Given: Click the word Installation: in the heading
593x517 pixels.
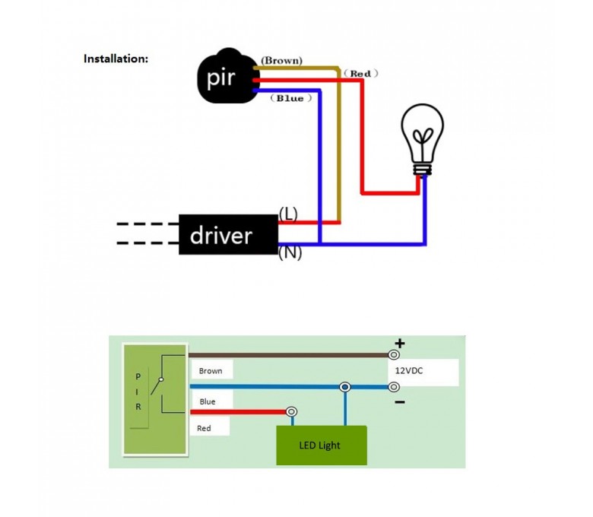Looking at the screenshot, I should pyautogui.click(x=116, y=59).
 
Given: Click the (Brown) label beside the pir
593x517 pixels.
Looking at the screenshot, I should pyautogui.click(x=281, y=59).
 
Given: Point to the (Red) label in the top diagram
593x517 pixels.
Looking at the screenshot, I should pyautogui.click(x=360, y=73).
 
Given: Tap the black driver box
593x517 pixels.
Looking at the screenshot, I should pyautogui.click(x=228, y=235).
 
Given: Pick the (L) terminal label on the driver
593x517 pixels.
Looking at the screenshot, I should pyautogui.click(x=288, y=214).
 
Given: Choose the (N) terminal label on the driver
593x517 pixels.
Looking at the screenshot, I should pyautogui.click(x=290, y=253).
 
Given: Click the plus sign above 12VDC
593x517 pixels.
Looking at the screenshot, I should pyautogui.click(x=400, y=344).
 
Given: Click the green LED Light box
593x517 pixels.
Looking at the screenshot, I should pyautogui.click(x=322, y=445).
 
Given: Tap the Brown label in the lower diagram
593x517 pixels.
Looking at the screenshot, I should pyautogui.click(x=211, y=371).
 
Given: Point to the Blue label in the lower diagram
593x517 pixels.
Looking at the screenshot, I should pyautogui.click(x=208, y=401).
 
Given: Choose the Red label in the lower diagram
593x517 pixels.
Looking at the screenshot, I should pyautogui.click(x=204, y=428).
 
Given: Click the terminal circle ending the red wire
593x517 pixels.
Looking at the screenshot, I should pyautogui.click(x=291, y=412).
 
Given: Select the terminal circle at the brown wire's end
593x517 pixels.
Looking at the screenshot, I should pyautogui.click(x=394, y=354).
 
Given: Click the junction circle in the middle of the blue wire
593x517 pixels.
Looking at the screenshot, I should pyautogui.click(x=345, y=386).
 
